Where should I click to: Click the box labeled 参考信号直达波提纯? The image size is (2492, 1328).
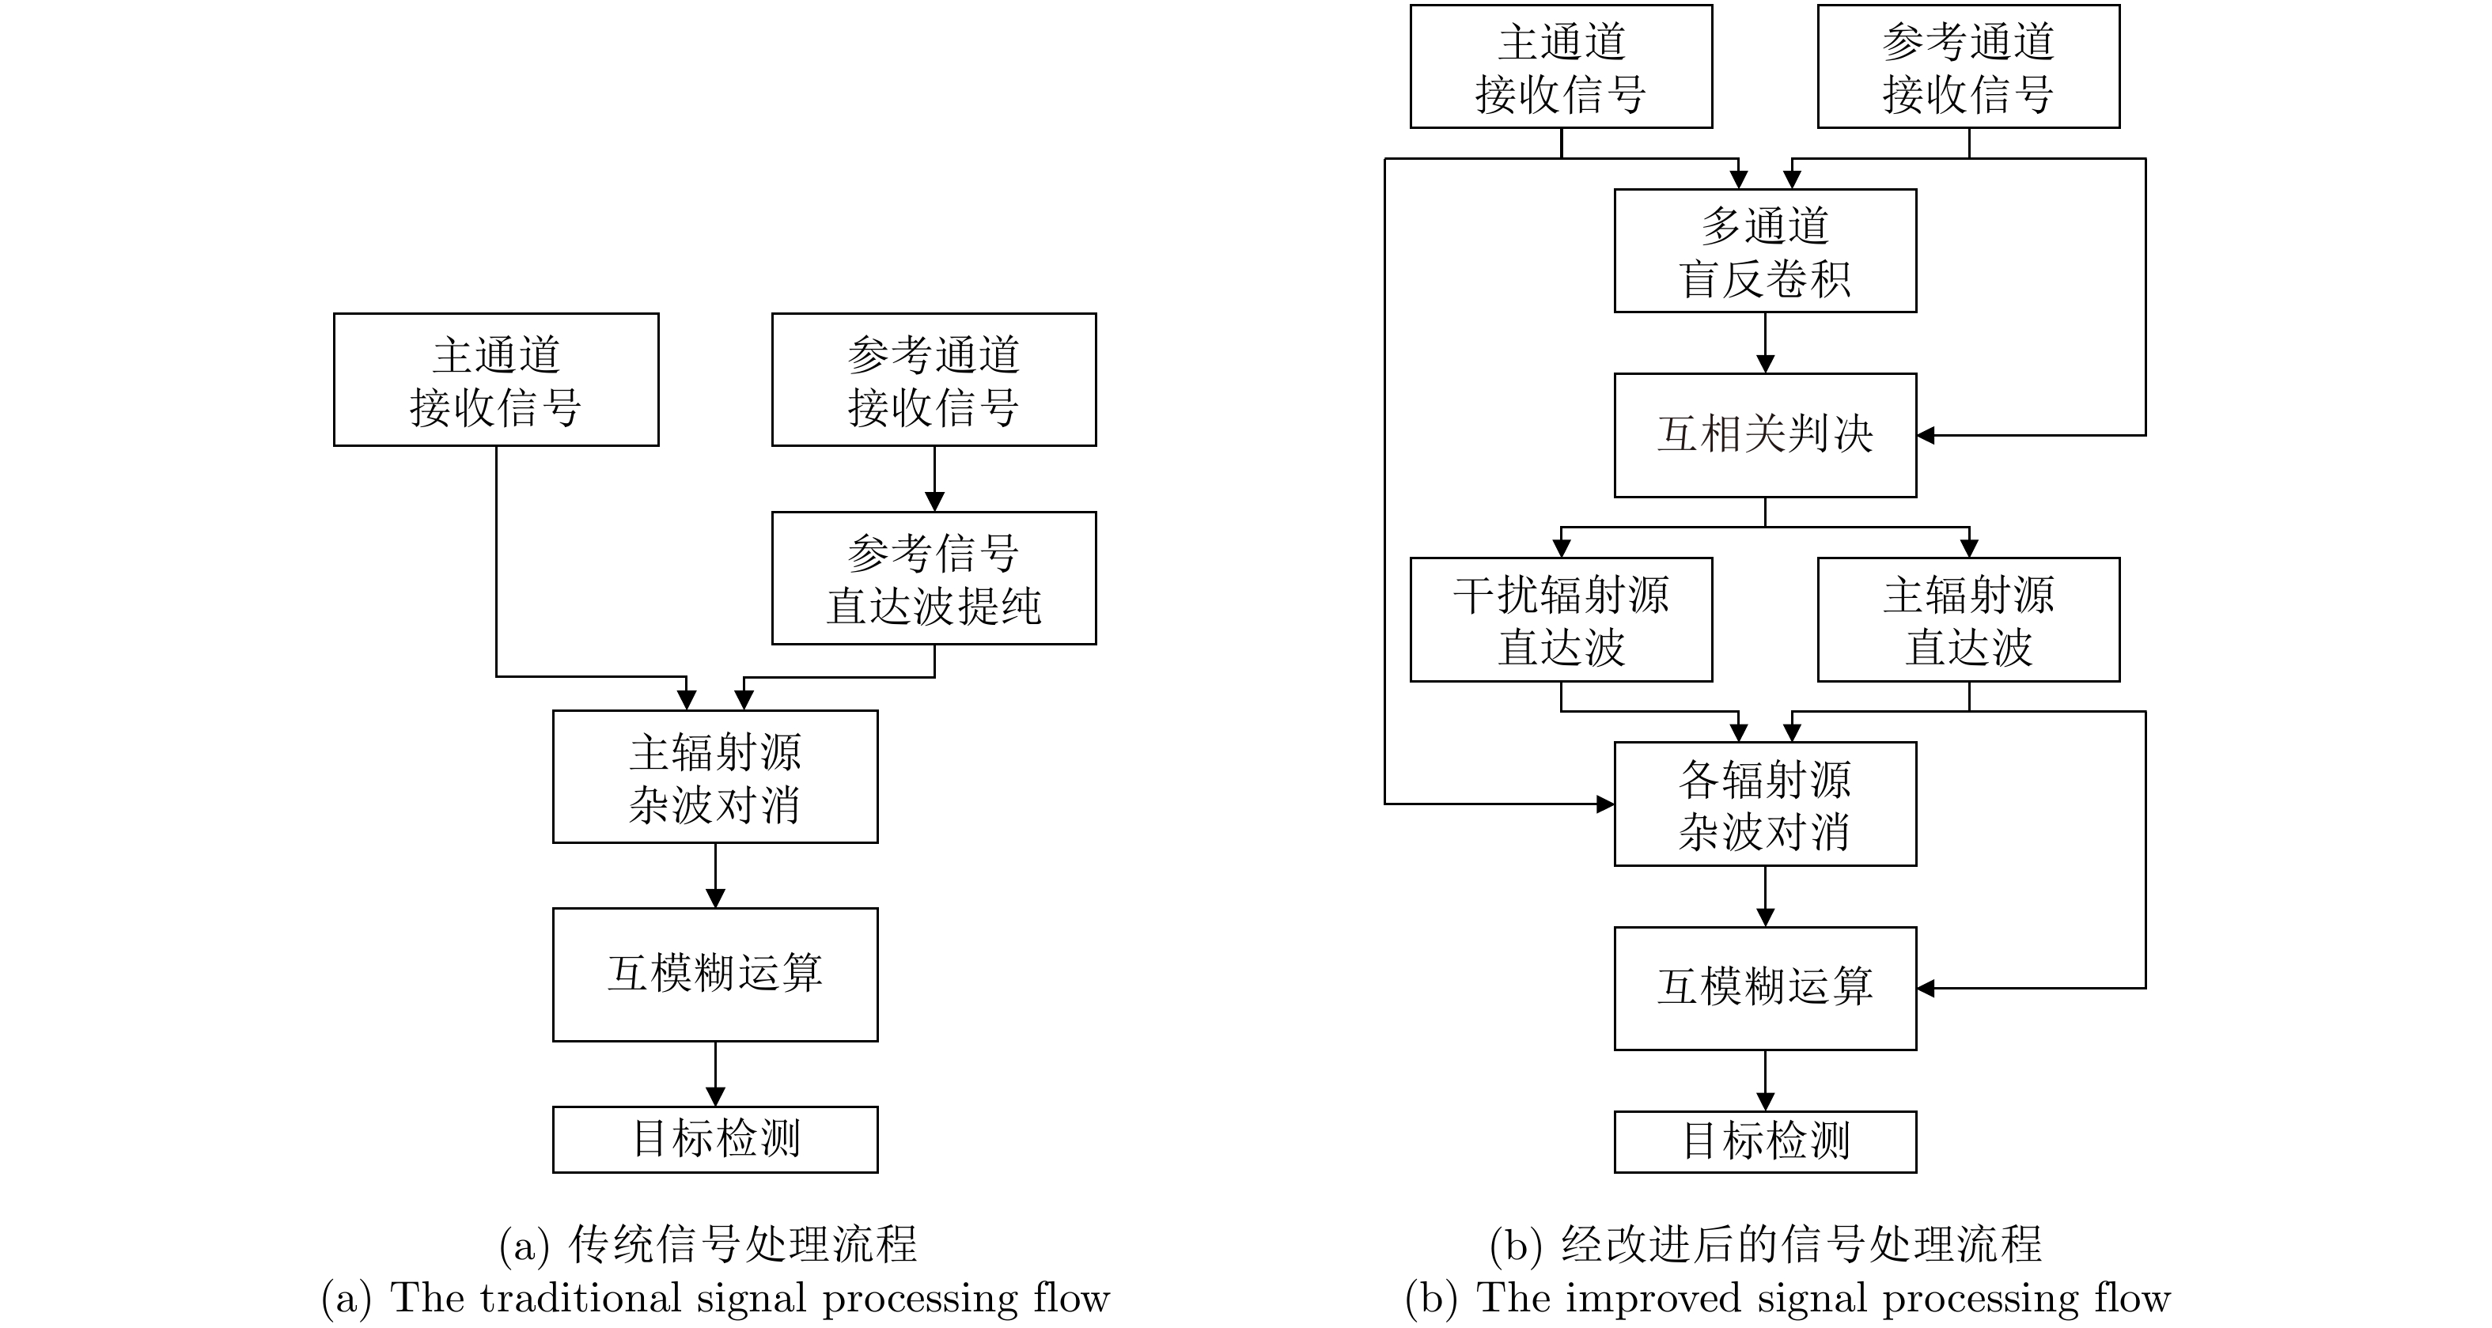[x=934, y=578]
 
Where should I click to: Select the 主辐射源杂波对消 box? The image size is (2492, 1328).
[x=715, y=777]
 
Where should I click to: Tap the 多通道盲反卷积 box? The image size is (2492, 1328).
[x=1764, y=251]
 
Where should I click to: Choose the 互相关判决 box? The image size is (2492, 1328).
[x=1764, y=435]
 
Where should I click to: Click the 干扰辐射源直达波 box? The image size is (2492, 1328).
[x=1560, y=620]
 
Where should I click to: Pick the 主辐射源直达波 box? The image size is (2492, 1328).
[x=1967, y=620]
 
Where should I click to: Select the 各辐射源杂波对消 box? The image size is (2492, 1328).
[x=1764, y=804]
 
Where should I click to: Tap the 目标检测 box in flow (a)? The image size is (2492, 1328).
[x=715, y=1140]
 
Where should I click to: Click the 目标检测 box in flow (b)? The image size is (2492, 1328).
[x=1764, y=1141]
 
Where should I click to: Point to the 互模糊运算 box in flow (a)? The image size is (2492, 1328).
[x=715, y=974]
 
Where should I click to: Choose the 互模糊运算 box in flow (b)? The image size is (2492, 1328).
[x=1764, y=988]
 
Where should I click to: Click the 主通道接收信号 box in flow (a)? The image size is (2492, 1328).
[x=496, y=379]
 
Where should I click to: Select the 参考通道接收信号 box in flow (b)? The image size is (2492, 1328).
[x=1967, y=66]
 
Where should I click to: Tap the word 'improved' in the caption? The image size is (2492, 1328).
[x=1653, y=1298]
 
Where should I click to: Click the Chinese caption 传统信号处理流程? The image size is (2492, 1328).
[x=742, y=1244]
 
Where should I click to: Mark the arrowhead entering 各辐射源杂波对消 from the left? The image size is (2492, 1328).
[x=1605, y=804]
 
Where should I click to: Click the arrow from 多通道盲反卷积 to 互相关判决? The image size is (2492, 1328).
[x=1764, y=343]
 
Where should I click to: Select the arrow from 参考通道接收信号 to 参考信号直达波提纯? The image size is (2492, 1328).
[x=934, y=479]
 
